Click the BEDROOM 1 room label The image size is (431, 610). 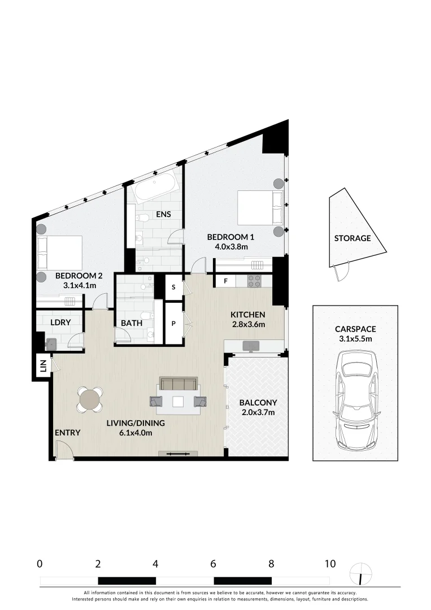click(x=227, y=237)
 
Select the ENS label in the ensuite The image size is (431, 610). click(x=163, y=215)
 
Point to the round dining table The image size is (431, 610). click(x=90, y=400)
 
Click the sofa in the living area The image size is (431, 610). click(x=178, y=385)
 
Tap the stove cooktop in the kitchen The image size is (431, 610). click(x=254, y=281)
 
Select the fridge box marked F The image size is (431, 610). click(x=225, y=281)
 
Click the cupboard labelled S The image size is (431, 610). click(x=173, y=287)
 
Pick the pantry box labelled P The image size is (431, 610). click(x=173, y=324)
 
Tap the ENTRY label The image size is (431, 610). click(x=68, y=433)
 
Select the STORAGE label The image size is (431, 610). click(x=352, y=238)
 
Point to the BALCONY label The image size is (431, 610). click(x=258, y=403)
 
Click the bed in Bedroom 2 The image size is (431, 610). click(x=59, y=253)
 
